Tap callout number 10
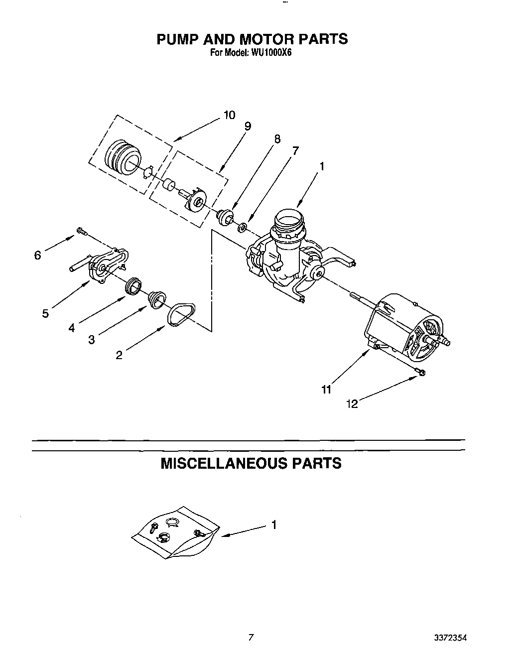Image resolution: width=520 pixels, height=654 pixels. coord(229,116)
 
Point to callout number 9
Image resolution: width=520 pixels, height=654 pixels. coord(248,127)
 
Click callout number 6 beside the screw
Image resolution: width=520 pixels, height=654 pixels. coord(37,256)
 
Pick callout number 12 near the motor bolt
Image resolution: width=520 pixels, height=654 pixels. coord(352,404)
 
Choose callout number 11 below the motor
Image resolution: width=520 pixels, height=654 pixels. coord(326,390)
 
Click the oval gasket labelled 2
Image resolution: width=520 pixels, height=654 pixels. coord(182,315)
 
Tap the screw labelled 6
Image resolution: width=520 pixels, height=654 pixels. coord(81,231)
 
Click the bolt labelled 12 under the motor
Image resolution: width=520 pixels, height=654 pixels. coord(420,371)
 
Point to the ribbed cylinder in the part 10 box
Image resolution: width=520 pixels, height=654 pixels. coord(122,158)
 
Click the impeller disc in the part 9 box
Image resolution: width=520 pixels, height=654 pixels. coord(197,202)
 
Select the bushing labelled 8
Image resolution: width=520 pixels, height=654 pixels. coord(225,216)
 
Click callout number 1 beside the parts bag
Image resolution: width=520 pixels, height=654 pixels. coord(273,524)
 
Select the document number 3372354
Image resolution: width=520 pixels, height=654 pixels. coord(450,637)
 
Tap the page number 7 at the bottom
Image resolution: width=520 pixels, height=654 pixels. coord(252,637)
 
